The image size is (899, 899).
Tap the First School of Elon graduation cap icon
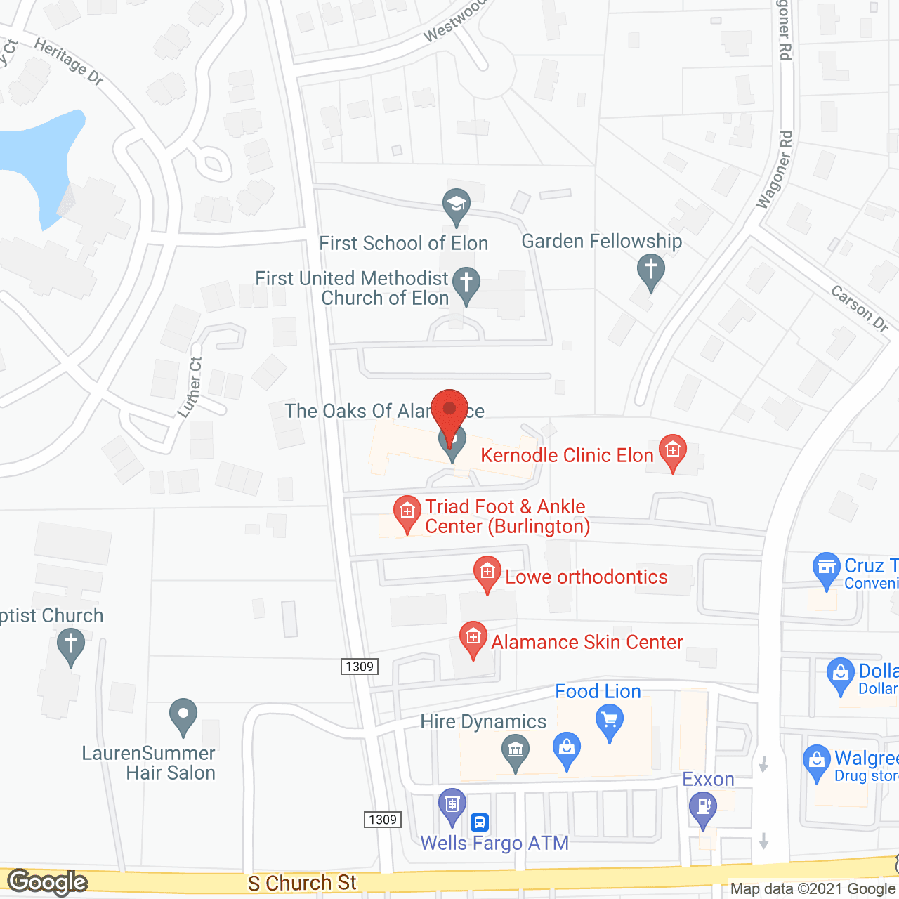[457, 206]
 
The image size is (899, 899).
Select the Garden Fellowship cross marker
[651, 270]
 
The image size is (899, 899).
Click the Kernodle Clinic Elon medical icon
[673, 449]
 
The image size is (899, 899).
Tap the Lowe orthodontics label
[586, 577]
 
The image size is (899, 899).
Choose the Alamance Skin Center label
[586, 642]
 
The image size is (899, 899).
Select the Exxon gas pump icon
[702, 807]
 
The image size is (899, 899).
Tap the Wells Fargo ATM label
[494, 843]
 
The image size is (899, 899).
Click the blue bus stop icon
[480, 822]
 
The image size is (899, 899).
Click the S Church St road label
[302, 883]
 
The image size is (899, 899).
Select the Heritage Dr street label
[69, 62]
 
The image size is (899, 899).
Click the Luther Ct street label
[191, 387]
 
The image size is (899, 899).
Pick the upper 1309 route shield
[360, 667]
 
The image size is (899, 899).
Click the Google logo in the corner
[47, 882]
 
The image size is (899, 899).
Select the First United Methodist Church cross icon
[466, 284]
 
